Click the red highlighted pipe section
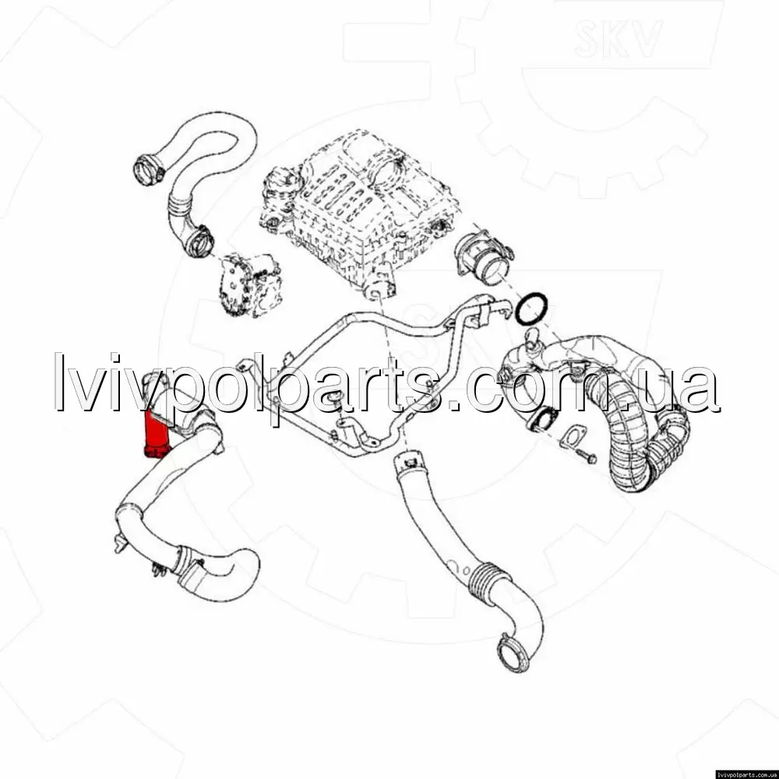[x=156, y=432]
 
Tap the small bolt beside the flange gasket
[x=587, y=456]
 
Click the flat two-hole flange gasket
[x=573, y=438]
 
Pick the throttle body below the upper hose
[x=251, y=284]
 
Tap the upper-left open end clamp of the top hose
[x=148, y=169]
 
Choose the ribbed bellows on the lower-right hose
[x=485, y=579]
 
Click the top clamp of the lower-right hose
[x=408, y=463]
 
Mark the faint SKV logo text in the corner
[x=618, y=39]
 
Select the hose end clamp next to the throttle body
[x=199, y=241]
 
